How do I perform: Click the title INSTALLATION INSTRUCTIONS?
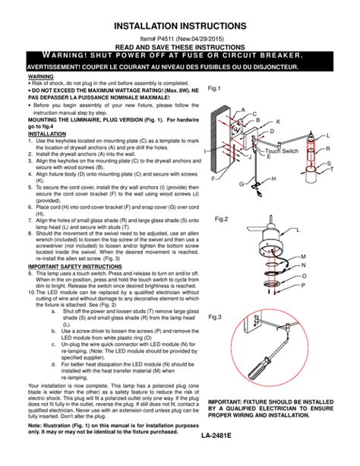180,27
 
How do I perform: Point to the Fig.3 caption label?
216,316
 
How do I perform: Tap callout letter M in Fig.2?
303,258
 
